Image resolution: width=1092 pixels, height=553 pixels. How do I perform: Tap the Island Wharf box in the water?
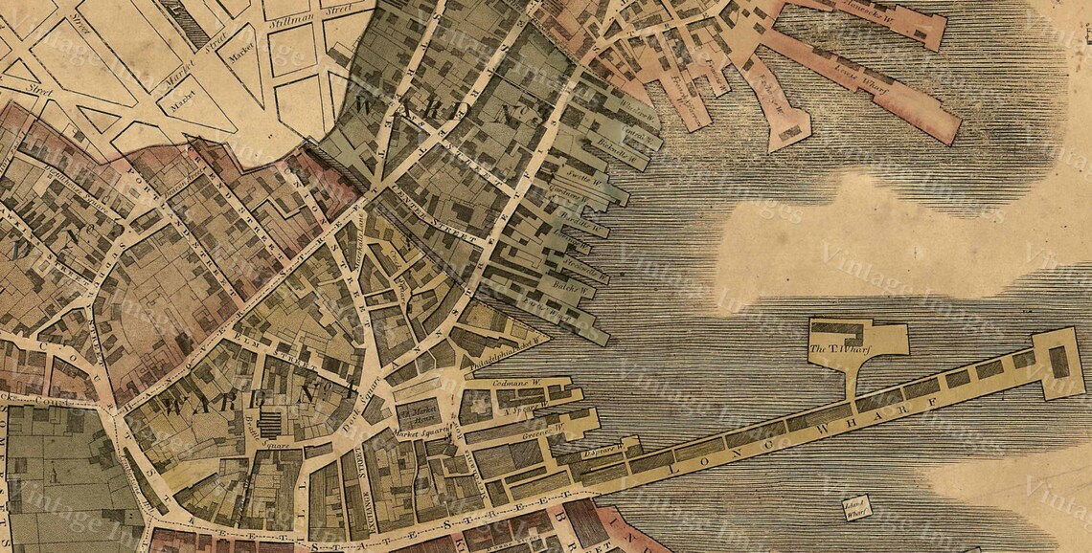point(829,507)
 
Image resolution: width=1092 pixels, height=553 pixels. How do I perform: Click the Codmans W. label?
point(518,384)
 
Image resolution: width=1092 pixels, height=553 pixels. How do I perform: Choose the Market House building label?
point(418,414)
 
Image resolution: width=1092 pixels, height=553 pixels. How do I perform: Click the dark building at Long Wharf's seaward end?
point(1058,362)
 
